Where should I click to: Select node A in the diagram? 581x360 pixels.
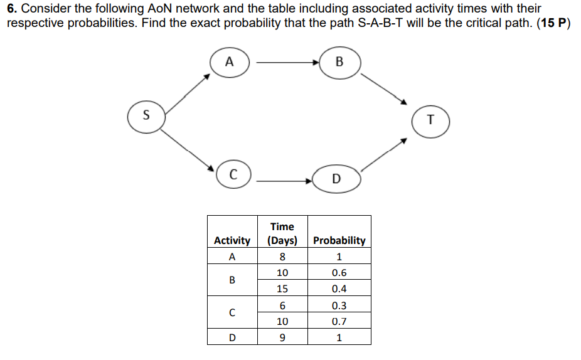pyautogui.click(x=230, y=62)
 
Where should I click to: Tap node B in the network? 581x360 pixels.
pyautogui.click(x=339, y=62)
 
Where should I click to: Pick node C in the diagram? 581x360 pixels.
pyautogui.click(x=233, y=174)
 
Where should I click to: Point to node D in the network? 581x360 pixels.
pyautogui.click(x=336, y=179)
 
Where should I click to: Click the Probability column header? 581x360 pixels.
pyautogui.click(x=339, y=240)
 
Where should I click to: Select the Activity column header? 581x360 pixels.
pyautogui.click(x=232, y=240)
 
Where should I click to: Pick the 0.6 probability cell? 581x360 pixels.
pyautogui.click(x=339, y=273)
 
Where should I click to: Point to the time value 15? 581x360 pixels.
pyautogui.click(x=282, y=289)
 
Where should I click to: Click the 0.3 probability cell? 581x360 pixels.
pyautogui.click(x=339, y=306)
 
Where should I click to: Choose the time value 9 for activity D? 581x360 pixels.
pyautogui.click(x=282, y=338)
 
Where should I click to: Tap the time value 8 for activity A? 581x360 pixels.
pyautogui.click(x=282, y=257)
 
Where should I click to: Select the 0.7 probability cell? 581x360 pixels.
pyautogui.click(x=339, y=322)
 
